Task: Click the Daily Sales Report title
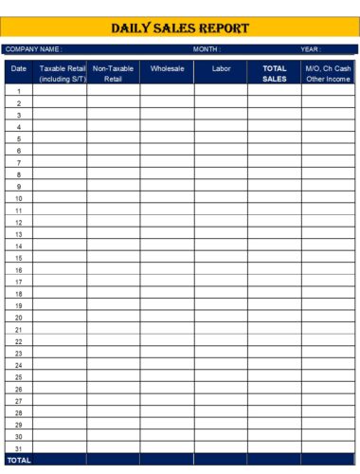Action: (x=180, y=28)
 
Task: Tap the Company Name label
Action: (x=33, y=49)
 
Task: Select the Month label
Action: (x=207, y=49)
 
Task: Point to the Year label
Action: (x=311, y=49)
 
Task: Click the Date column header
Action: (x=19, y=68)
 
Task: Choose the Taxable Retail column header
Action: (x=63, y=73)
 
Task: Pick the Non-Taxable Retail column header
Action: (x=113, y=73)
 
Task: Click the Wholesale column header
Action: (x=167, y=68)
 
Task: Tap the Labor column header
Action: (x=222, y=68)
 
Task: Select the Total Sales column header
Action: (x=275, y=73)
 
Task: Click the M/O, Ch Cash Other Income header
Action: (x=329, y=73)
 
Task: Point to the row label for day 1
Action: (x=19, y=91)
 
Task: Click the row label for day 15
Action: (x=19, y=258)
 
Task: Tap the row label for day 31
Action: (x=19, y=448)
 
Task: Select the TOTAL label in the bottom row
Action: (x=19, y=460)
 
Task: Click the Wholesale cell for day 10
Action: (x=167, y=198)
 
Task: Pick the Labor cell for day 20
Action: (x=222, y=318)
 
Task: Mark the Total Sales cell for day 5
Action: (x=275, y=138)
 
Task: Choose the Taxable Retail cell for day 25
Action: (x=60, y=377)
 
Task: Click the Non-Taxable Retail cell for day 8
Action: (x=113, y=174)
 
